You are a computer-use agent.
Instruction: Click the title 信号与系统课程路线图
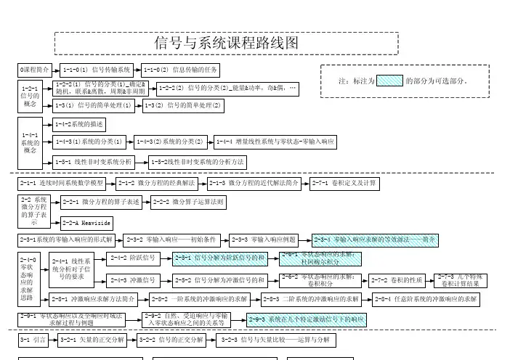point(227,43)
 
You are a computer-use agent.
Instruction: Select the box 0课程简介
point(34,70)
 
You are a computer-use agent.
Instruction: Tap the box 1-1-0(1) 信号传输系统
point(96,70)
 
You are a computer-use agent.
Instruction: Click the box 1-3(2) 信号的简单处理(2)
point(182,106)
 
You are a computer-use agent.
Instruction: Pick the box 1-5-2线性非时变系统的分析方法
point(198,161)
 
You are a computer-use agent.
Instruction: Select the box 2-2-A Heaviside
point(86,221)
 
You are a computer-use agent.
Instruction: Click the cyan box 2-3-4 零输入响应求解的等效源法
point(375,238)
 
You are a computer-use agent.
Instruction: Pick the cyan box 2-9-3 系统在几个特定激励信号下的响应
point(305,319)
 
